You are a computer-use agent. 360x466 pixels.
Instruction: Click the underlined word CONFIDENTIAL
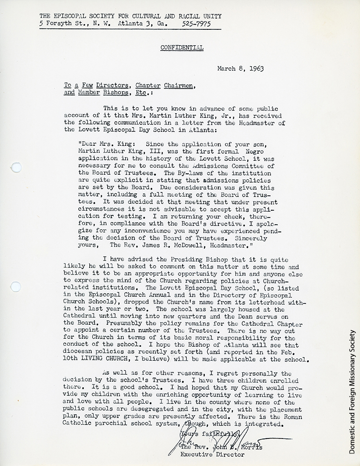pos(182,48)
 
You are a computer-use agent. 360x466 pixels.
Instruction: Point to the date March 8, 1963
pos(240,69)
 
